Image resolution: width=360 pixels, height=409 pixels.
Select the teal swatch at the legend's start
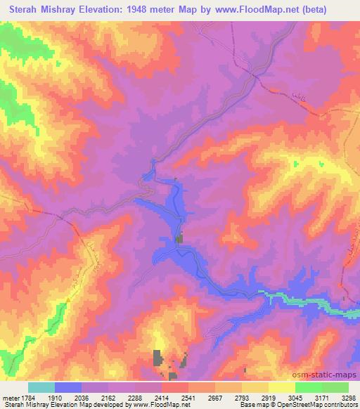pyautogui.click(x=41, y=387)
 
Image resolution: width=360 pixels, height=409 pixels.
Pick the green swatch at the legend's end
pyautogui.click(x=335, y=387)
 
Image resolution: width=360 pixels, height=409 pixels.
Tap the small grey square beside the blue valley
pyautogui.click(x=179, y=240)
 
